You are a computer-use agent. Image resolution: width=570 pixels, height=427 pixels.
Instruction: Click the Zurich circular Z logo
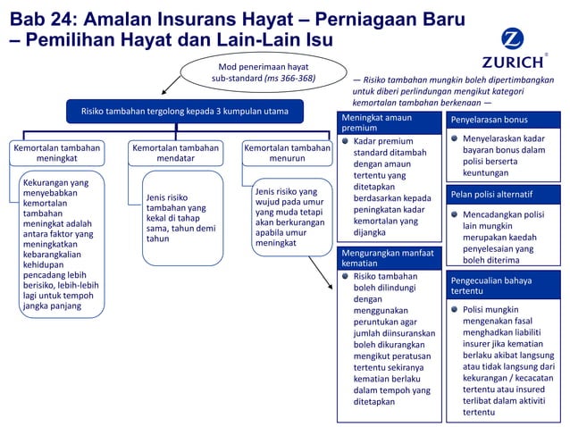(512, 39)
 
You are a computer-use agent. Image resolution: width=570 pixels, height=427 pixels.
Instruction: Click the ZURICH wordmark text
(512, 63)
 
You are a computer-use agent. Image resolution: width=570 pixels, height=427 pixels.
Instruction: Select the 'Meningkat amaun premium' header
(387, 123)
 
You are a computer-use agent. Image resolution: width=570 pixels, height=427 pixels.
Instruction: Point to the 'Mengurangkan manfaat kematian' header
(387, 258)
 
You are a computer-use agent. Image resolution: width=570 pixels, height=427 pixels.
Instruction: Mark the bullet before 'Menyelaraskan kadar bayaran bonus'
(454, 139)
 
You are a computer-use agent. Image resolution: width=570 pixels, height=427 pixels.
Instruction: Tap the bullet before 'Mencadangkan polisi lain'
(454, 214)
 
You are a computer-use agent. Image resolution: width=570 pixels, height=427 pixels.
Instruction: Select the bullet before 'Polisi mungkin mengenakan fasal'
(454, 310)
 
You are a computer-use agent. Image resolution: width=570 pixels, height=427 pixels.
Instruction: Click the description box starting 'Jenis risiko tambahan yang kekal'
(181, 217)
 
